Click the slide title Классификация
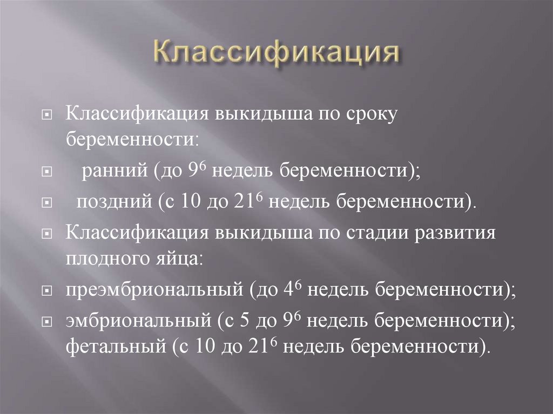(277, 55)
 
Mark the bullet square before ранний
(48, 173)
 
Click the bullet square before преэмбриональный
(48, 291)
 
